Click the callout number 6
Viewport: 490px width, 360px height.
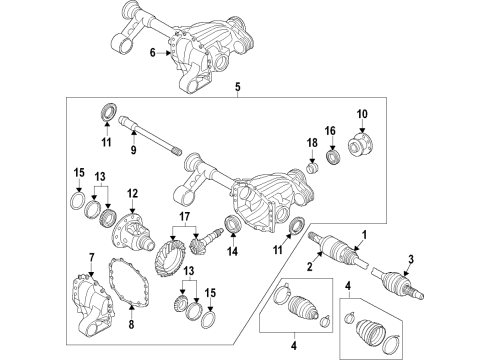pos(153,53)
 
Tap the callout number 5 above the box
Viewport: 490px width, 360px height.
pos(237,87)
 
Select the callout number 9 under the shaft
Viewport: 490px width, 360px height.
pos(133,150)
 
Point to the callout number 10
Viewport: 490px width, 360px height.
pos(362,114)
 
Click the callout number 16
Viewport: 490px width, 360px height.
pos(330,131)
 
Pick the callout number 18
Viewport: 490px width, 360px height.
pos(312,143)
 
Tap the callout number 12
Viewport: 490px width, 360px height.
pos(132,193)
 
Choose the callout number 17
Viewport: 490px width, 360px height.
pos(184,217)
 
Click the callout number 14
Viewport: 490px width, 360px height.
pos(233,252)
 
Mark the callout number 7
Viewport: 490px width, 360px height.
pos(92,257)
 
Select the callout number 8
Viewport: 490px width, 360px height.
pos(131,324)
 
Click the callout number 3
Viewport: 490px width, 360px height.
pos(411,259)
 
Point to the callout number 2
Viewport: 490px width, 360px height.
pos(310,267)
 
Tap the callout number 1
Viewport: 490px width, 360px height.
pos(364,235)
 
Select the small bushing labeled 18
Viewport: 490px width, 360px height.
pos(313,167)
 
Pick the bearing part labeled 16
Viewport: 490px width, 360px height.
pos(333,157)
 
